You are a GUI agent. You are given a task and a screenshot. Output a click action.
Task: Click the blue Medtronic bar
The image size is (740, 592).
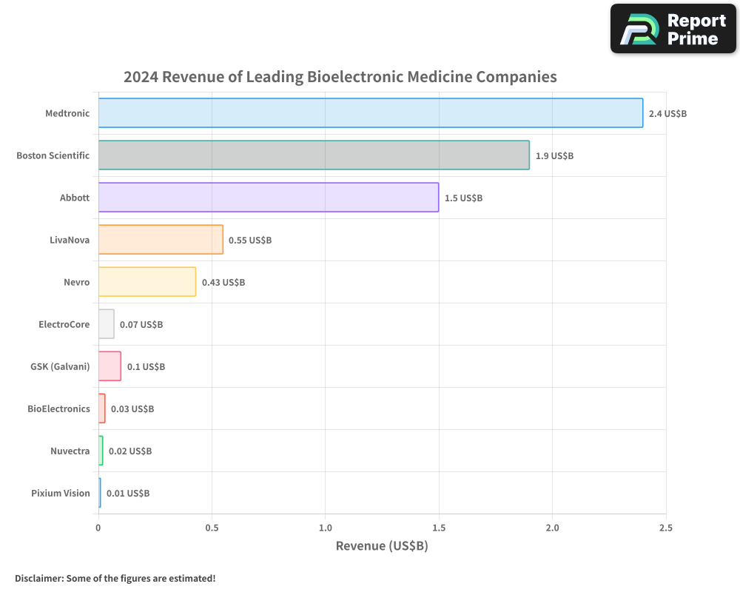click(x=370, y=113)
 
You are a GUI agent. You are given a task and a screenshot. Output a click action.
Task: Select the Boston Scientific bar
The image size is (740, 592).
click(x=314, y=155)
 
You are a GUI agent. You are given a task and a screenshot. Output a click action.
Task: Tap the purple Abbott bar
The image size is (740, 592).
click(x=268, y=198)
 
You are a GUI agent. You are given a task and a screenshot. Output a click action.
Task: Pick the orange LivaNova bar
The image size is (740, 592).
click(x=161, y=240)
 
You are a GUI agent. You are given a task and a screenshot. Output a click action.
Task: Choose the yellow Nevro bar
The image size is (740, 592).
click(x=147, y=282)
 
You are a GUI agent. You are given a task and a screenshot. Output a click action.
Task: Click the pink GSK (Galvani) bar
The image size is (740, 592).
click(x=110, y=366)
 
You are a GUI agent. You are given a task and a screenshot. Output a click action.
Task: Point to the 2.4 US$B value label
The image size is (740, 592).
click(x=667, y=114)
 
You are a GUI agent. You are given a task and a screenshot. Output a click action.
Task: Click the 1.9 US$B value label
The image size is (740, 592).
click(x=554, y=156)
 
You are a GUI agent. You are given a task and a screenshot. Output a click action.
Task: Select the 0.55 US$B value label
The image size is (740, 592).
click(x=250, y=240)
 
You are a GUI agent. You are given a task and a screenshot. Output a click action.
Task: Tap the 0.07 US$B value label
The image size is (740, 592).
click(x=141, y=325)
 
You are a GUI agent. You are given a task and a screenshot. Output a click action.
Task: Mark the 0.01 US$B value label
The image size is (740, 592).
click(x=128, y=494)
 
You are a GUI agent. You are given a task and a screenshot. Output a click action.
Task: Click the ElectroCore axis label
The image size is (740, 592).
click(x=64, y=324)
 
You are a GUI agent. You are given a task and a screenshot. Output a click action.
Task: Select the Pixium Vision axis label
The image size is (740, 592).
click(x=60, y=493)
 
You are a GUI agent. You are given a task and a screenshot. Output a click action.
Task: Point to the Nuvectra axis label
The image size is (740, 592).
click(x=70, y=451)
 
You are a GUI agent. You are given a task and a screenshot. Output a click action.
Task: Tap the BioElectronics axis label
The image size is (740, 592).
click(x=58, y=408)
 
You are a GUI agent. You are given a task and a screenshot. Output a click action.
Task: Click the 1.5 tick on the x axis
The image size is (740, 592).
click(x=439, y=528)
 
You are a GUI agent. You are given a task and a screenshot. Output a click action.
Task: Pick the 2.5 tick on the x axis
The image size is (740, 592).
click(x=665, y=528)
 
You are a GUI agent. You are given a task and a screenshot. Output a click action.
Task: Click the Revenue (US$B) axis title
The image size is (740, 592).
click(x=382, y=546)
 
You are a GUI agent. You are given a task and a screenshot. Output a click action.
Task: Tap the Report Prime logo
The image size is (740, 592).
click(x=673, y=29)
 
